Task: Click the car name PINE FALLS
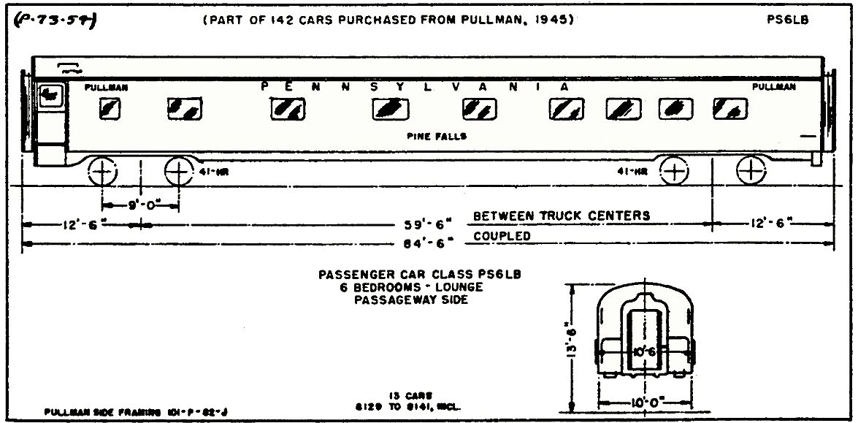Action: [x=437, y=136]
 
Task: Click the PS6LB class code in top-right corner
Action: [x=786, y=20]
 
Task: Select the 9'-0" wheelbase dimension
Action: [x=140, y=205]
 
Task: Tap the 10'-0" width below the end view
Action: [x=645, y=403]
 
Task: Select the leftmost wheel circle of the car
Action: [x=103, y=173]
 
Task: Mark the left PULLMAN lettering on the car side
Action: [x=106, y=87]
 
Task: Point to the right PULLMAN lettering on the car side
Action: [x=774, y=86]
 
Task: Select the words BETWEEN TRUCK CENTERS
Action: [x=561, y=216]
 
